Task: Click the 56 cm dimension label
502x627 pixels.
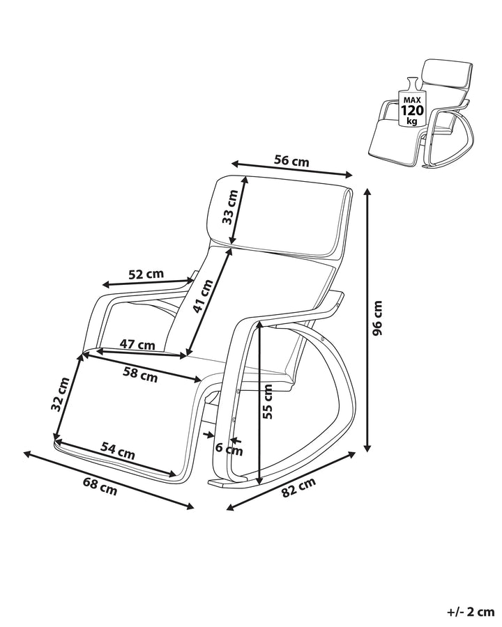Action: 291,160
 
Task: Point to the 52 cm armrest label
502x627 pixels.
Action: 146,274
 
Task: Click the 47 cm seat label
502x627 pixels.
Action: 137,344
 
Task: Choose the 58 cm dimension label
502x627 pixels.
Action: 140,376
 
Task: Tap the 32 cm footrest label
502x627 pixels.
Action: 63,394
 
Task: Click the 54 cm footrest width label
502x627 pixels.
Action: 117,451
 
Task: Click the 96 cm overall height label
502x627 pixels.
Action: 378,318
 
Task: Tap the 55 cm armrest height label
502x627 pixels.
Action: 268,402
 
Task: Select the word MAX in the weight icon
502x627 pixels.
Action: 410,98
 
